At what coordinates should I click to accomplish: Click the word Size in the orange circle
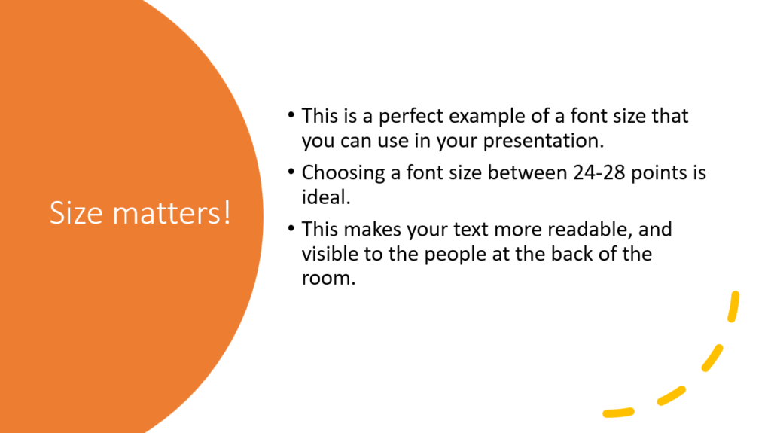tap(76, 213)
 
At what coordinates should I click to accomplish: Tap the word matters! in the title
tap(172, 213)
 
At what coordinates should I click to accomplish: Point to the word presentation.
tap(544, 142)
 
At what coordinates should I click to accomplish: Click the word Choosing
tap(343, 173)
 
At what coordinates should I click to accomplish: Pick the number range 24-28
tap(599, 172)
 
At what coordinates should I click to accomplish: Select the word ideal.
tap(326, 197)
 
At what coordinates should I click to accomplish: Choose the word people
tap(455, 255)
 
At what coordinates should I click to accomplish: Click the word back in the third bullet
tap(571, 254)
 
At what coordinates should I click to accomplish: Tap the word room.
tap(328, 279)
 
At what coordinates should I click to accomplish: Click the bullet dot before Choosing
tap(291, 172)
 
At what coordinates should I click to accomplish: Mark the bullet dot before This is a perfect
tap(291, 116)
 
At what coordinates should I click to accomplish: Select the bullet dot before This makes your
tap(291, 229)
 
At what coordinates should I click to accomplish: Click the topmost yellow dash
tap(733, 306)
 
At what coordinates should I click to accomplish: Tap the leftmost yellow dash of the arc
tap(619, 413)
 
